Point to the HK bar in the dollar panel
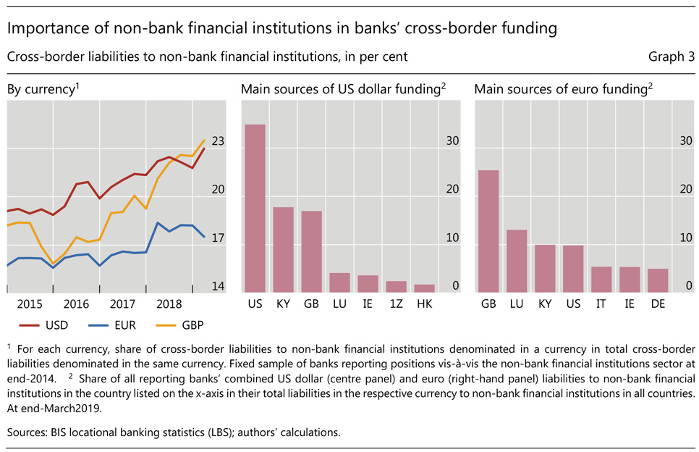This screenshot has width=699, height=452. [x=424, y=288]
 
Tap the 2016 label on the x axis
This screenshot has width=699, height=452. [x=76, y=303]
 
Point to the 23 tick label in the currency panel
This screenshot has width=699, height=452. [x=218, y=142]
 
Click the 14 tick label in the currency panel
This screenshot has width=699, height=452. [x=218, y=286]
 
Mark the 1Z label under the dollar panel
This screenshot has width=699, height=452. [x=396, y=303]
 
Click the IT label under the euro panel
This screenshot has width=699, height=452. [x=601, y=303]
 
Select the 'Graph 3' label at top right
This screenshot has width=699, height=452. [x=671, y=56]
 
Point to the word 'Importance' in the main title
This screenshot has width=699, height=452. [x=43, y=29]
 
